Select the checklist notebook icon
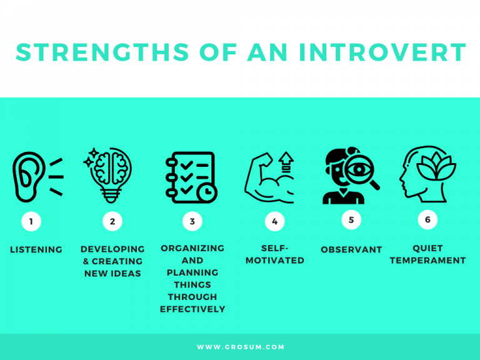187,177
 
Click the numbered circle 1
31,221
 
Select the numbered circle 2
112,221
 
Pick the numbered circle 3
192,221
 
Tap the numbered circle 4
274,221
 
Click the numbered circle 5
351,219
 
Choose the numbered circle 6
427,219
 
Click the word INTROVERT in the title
382,52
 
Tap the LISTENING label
36,249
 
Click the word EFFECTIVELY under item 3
192,309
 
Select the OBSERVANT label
351,249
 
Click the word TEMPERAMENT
427,260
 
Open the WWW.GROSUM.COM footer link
241,347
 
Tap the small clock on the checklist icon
207,192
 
